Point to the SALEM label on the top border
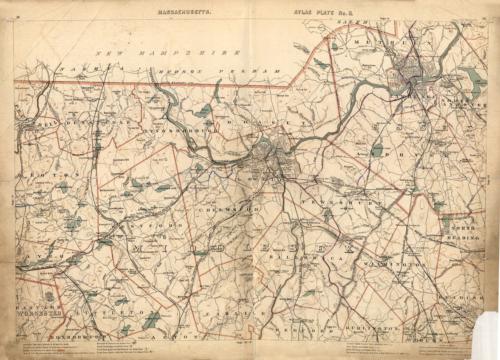pyautogui.click(x=356, y=19)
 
